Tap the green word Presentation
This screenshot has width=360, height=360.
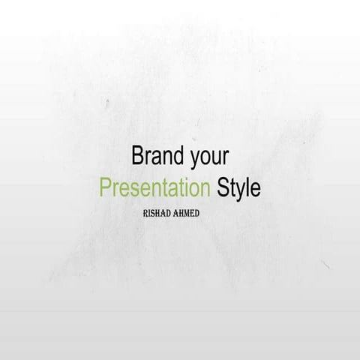(x=155, y=187)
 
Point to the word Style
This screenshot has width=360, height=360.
(x=238, y=187)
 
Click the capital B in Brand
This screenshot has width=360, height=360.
(x=137, y=155)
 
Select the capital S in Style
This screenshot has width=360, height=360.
(x=222, y=187)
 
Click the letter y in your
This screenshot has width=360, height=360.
(x=196, y=159)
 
